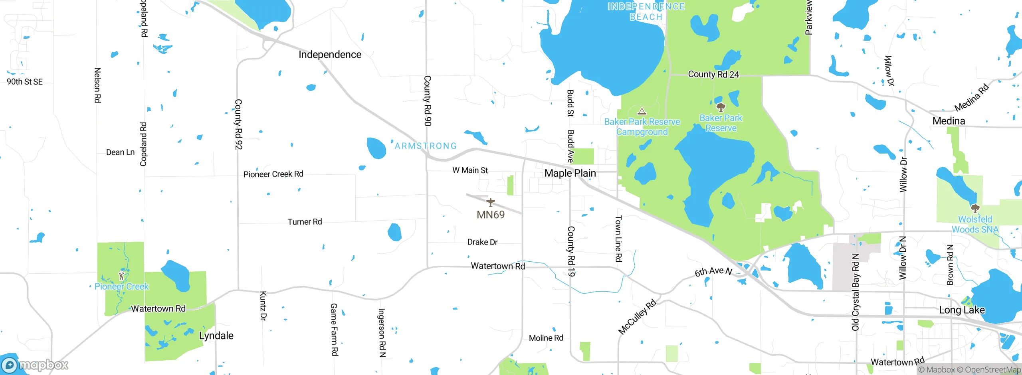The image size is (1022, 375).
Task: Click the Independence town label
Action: pos(330,55)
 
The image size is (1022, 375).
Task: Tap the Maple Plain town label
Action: pos(570,173)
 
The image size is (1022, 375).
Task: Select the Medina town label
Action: pos(949,121)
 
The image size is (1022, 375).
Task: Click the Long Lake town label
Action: pos(961,310)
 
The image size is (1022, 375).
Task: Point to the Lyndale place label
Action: pos(216,336)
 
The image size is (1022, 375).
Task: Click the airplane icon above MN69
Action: pos(490,202)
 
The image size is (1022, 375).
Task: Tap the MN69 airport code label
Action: pos(490,215)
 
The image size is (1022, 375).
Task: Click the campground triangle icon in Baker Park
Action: pos(642,111)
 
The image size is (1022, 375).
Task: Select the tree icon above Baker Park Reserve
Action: pos(721,107)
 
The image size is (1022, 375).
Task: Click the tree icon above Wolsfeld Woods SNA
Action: pos(975,208)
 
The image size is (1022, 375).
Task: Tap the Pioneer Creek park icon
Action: pos(121,276)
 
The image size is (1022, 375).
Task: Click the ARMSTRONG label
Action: pos(426,146)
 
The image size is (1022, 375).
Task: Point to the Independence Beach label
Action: pos(646,12)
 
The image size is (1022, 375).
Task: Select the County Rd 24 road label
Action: pos(713,74)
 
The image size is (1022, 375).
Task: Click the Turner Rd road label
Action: pos(305,222)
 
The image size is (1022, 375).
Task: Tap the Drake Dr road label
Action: pos(482,242)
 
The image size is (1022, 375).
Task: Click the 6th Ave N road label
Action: pos(713,272)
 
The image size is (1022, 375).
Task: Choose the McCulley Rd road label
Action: pos(637,316)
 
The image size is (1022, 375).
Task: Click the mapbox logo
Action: pos(35,365)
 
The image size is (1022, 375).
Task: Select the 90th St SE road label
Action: pos(25,82)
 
